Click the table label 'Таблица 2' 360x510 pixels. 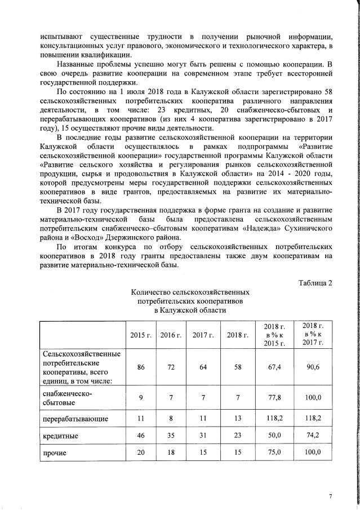click(315, 282)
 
